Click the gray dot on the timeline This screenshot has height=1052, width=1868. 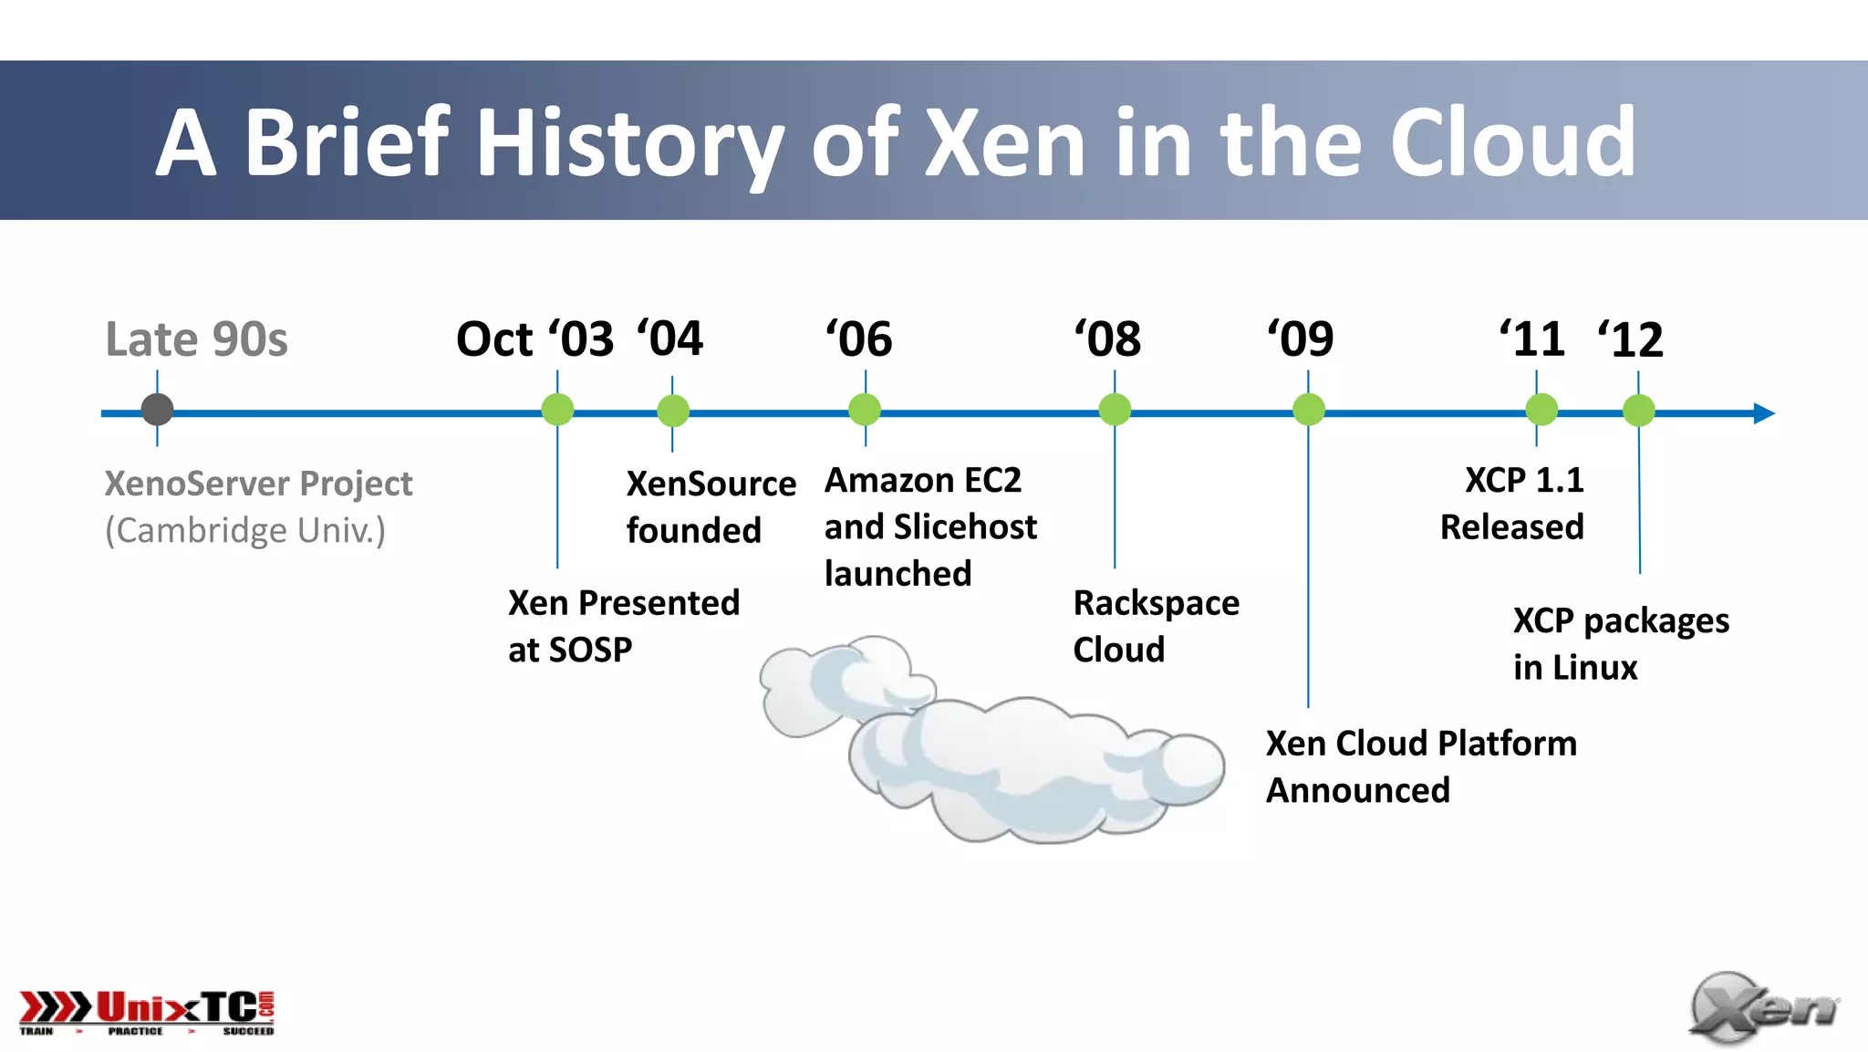[157, 410]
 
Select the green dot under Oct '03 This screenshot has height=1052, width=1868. [557, 410]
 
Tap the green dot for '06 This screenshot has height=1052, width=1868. [865, 410]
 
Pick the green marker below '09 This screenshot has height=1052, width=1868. [1308, 410]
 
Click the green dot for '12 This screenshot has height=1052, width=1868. [1638, 411]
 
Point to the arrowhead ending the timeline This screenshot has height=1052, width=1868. [1764, 413]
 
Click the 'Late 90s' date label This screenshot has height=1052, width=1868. [196, 339]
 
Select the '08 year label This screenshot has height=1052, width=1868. [1107, 339]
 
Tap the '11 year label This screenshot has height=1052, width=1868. [1532, 339]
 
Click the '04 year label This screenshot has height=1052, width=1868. [670, 339]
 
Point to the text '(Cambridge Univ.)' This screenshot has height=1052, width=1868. [245, 530]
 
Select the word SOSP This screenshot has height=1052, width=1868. [590, 650]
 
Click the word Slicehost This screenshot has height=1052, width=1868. [965, 526]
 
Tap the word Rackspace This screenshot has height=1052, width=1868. [1156, 603]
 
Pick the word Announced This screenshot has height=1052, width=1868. [1357, 790]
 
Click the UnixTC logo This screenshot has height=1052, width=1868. [147, 1012]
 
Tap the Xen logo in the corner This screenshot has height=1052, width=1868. [1762, 1008]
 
